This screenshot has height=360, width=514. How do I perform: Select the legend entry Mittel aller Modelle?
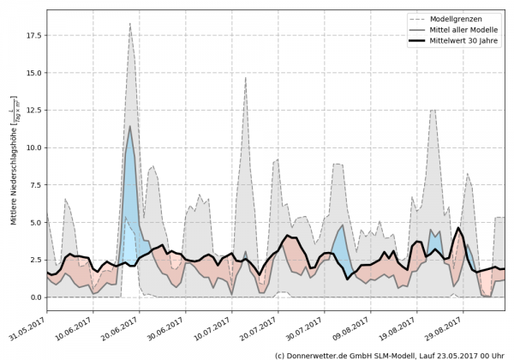tap(463, 29)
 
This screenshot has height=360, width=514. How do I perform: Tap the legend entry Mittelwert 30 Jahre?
tap(463, 40)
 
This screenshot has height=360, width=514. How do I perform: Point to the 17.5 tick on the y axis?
tap(32, 36)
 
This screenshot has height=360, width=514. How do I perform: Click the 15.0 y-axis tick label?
tap(32, 73)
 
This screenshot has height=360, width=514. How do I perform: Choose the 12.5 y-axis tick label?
tap(32, 111)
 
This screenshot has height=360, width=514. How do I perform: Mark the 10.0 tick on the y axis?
tap(32, 147)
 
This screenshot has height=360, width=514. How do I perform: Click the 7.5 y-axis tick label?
tap(34, 185)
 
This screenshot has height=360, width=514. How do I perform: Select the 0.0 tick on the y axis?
tap(34, 297)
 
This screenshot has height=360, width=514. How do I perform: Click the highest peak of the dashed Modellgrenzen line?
tap(129, 24)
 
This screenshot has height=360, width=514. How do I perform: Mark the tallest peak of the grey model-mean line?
tap(129, 126)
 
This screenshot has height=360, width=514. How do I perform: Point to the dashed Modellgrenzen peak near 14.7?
tap(246, 78)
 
